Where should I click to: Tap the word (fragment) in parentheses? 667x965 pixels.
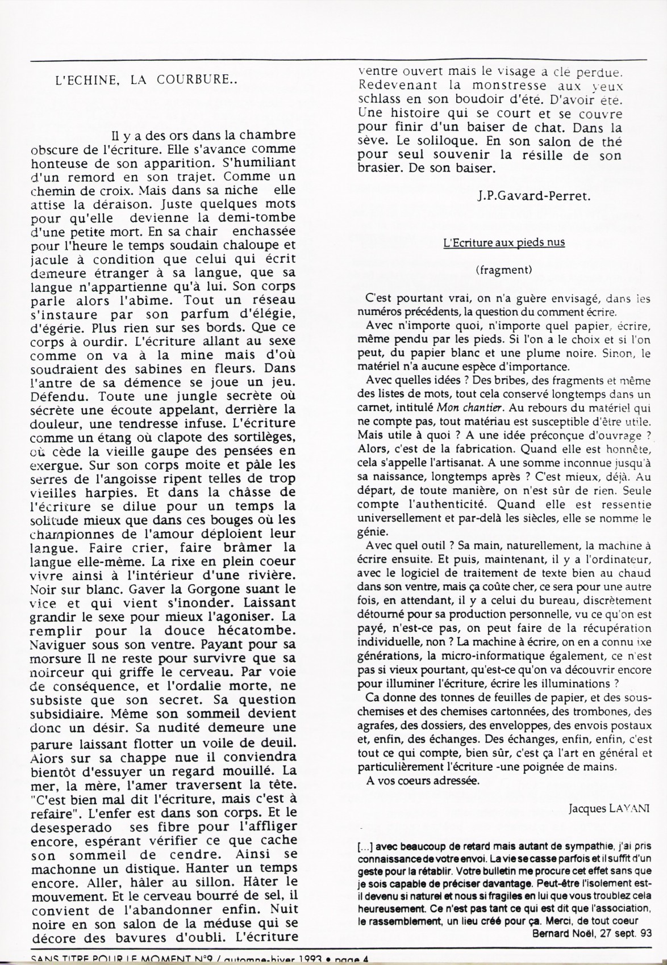[x=503, y=270]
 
